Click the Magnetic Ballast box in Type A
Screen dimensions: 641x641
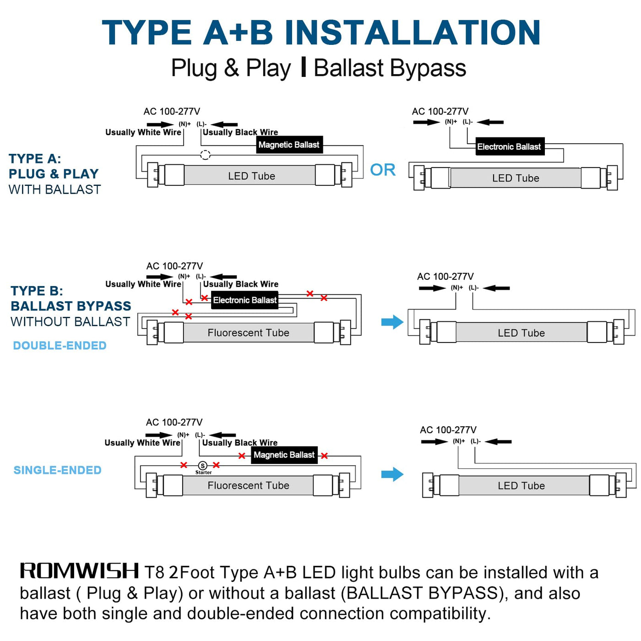point(289,145)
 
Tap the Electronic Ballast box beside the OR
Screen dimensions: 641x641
point(510,147)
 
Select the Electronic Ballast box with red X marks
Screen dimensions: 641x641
point(245,300)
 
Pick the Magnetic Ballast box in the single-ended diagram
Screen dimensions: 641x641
point(284,455)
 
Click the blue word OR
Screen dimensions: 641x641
point(383,170)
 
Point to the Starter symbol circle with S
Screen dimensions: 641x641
point(202,466)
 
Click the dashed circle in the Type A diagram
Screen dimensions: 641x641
point(205,155)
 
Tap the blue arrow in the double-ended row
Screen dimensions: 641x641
point(392,322)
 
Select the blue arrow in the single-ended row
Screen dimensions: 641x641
point(392,474)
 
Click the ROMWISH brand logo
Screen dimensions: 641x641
point(79,571)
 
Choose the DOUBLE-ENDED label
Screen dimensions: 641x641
point(60,346)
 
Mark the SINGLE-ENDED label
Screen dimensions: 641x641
point(58,470)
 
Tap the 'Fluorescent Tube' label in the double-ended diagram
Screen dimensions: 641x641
point(249,333)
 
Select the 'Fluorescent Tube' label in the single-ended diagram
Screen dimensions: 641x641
point(249,485)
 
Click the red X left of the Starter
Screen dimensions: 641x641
point(184,465)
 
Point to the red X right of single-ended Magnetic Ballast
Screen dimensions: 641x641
point(324,456)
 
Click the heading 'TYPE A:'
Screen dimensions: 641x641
point(35,159)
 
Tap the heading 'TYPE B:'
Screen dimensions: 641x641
point(37,291)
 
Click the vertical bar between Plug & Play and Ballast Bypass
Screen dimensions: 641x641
point(303,67)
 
